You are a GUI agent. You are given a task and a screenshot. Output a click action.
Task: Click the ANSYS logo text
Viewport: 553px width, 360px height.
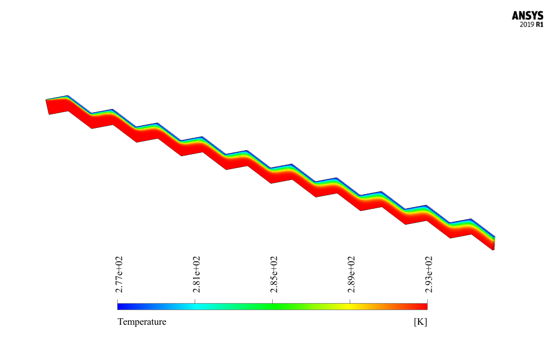[528, 16]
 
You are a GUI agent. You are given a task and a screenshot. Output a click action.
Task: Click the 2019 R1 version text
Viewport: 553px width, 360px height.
[531, 25]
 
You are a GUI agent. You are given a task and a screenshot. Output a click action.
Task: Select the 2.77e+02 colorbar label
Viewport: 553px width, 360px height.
[118, 274]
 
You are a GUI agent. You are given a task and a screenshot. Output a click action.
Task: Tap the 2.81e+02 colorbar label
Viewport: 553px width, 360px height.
[196, 274]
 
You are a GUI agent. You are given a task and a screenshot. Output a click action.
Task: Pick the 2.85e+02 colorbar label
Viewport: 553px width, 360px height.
[273, 274]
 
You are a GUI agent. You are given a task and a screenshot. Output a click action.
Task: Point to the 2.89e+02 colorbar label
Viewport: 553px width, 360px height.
[351, 274]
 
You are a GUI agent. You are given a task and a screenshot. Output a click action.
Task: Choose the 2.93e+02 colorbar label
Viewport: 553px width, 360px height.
[428, 274]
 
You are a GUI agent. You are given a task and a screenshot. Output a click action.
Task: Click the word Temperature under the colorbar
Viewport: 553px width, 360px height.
[142, 322]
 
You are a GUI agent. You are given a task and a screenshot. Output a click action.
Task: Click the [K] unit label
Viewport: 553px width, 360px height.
[420, 322]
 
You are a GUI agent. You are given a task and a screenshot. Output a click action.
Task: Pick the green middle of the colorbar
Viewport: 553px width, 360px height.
[272, 306]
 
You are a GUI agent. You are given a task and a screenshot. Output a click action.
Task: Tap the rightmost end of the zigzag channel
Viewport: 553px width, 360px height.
[493, 243]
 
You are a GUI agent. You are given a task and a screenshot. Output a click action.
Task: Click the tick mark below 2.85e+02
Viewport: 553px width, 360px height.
[272, 299]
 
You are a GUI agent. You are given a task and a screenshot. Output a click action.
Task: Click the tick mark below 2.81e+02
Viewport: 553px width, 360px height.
[195, 299]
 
